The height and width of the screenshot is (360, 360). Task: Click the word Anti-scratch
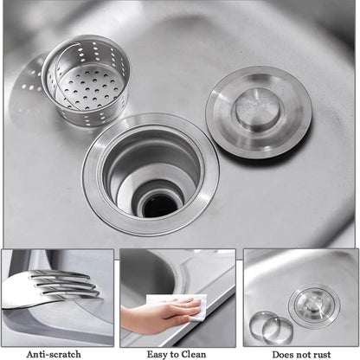54,354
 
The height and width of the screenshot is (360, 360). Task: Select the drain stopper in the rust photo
312,305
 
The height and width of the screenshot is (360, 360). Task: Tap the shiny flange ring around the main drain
96,186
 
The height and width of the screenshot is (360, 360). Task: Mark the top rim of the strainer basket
86,42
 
